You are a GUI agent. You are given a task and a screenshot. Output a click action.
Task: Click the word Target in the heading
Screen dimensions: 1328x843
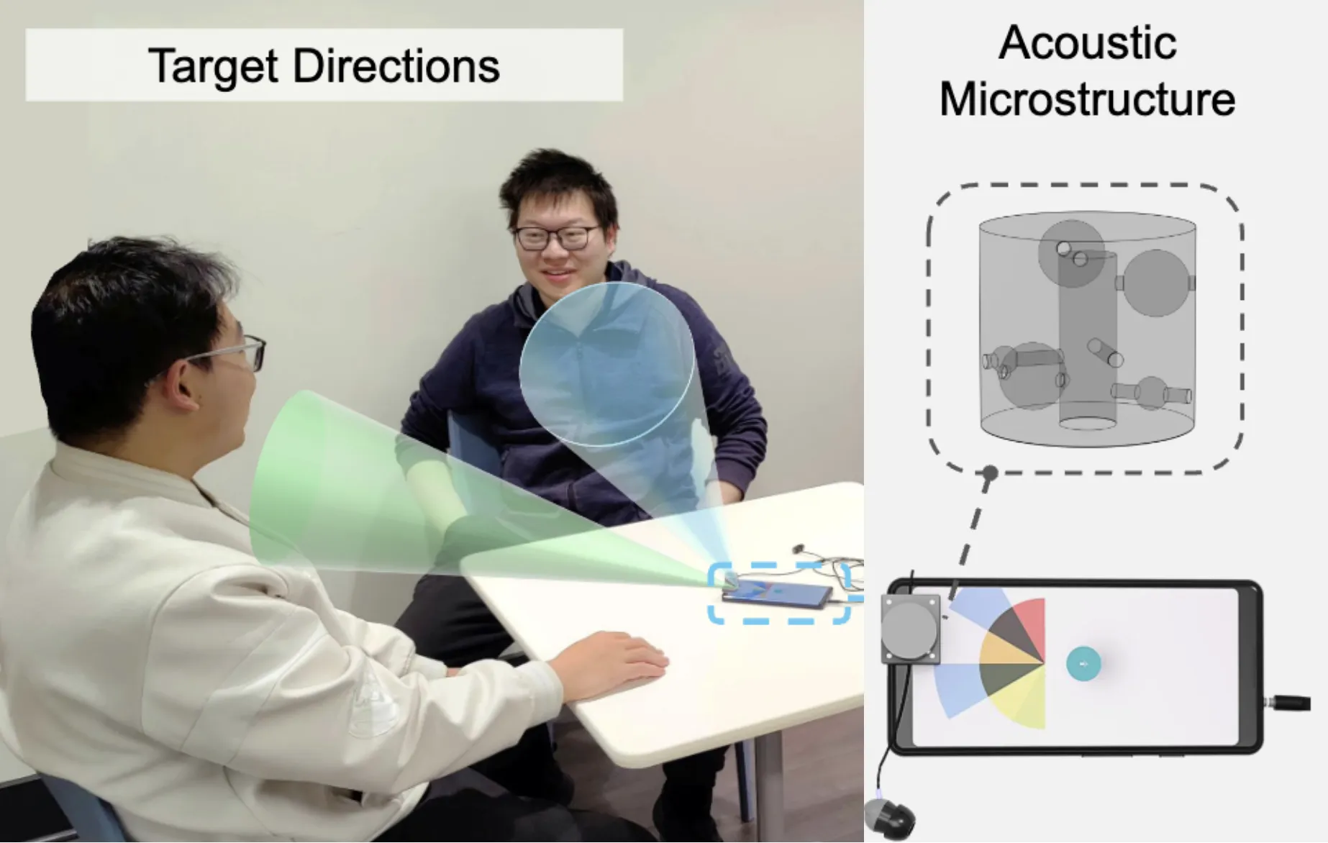(x=213, y=67)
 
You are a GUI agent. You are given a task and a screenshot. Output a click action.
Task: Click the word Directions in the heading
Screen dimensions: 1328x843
(x=396, y=66)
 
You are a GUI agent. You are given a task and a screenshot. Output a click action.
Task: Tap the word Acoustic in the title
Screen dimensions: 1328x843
(x=1087, y=42)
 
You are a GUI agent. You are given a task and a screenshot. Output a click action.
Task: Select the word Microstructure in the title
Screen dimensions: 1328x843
(x=1087, y=99)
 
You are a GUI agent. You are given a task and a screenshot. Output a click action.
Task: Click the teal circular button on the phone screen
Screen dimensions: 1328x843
(x=1083, y=664)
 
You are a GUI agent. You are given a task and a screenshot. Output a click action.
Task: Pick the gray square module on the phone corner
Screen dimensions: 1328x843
(x=911, y=629)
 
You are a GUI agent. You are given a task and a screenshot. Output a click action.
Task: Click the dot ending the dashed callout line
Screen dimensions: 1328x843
(x=990, y=473)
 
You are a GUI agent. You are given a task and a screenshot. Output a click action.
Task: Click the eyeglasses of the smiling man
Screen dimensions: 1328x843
(x=558, y=237)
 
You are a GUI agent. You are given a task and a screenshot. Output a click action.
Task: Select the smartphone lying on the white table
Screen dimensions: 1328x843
(x=777, y=594)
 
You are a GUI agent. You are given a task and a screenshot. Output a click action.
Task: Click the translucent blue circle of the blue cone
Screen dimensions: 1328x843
(x=607, y=364)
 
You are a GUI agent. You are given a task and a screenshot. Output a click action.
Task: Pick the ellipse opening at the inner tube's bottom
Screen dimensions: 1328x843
(x=1088, y=423)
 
